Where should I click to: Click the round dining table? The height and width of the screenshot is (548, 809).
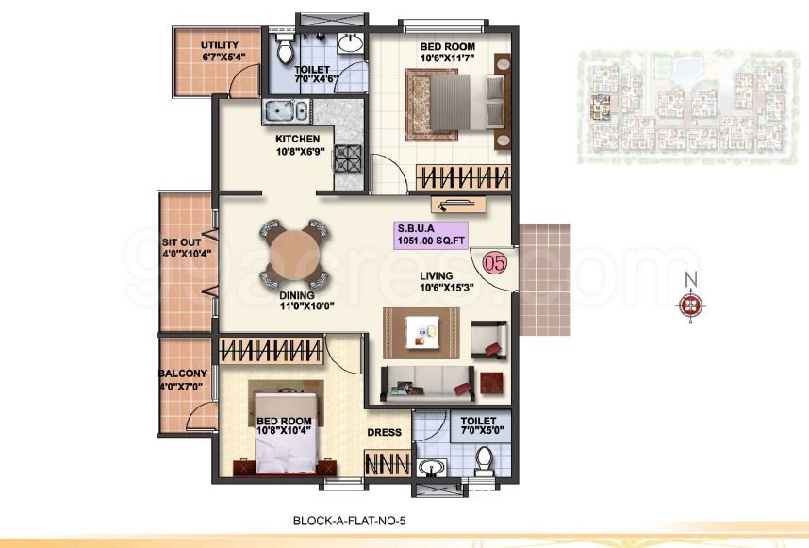tap(291, 253)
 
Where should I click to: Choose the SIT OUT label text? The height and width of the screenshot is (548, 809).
tap(182, 248)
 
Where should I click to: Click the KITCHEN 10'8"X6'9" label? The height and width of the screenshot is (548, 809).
tap(297, 144)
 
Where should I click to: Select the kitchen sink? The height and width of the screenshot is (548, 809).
tap(285, 111)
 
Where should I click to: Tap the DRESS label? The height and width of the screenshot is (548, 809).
tap(385, 433)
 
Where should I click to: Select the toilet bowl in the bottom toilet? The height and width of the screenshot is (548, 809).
tap(485, 462)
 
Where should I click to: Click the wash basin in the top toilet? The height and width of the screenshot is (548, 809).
tap(349, 43)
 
